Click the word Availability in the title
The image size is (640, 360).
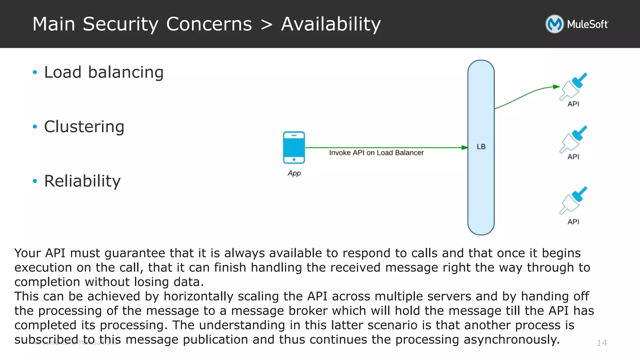[x=331, y=24]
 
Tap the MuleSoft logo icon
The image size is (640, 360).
[x=554, y=24]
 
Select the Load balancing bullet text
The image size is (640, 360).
[x=104, y=72]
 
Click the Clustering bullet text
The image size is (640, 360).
[x=84, y=127]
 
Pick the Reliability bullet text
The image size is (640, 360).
[x=82, y=181]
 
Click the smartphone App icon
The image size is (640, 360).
[x=294, y=147]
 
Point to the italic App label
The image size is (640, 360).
[x=294, y=173]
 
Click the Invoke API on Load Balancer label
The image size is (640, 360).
[x=376, y=153]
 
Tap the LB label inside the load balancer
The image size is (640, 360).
[x=481, y=147]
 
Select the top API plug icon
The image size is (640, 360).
[x=573, y=86]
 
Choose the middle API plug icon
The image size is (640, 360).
[x=573, y=139]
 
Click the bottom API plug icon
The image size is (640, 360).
[x=573, y=200]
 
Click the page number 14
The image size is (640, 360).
[x=602, y=343]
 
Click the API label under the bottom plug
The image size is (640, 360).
[x=573, y=222]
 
